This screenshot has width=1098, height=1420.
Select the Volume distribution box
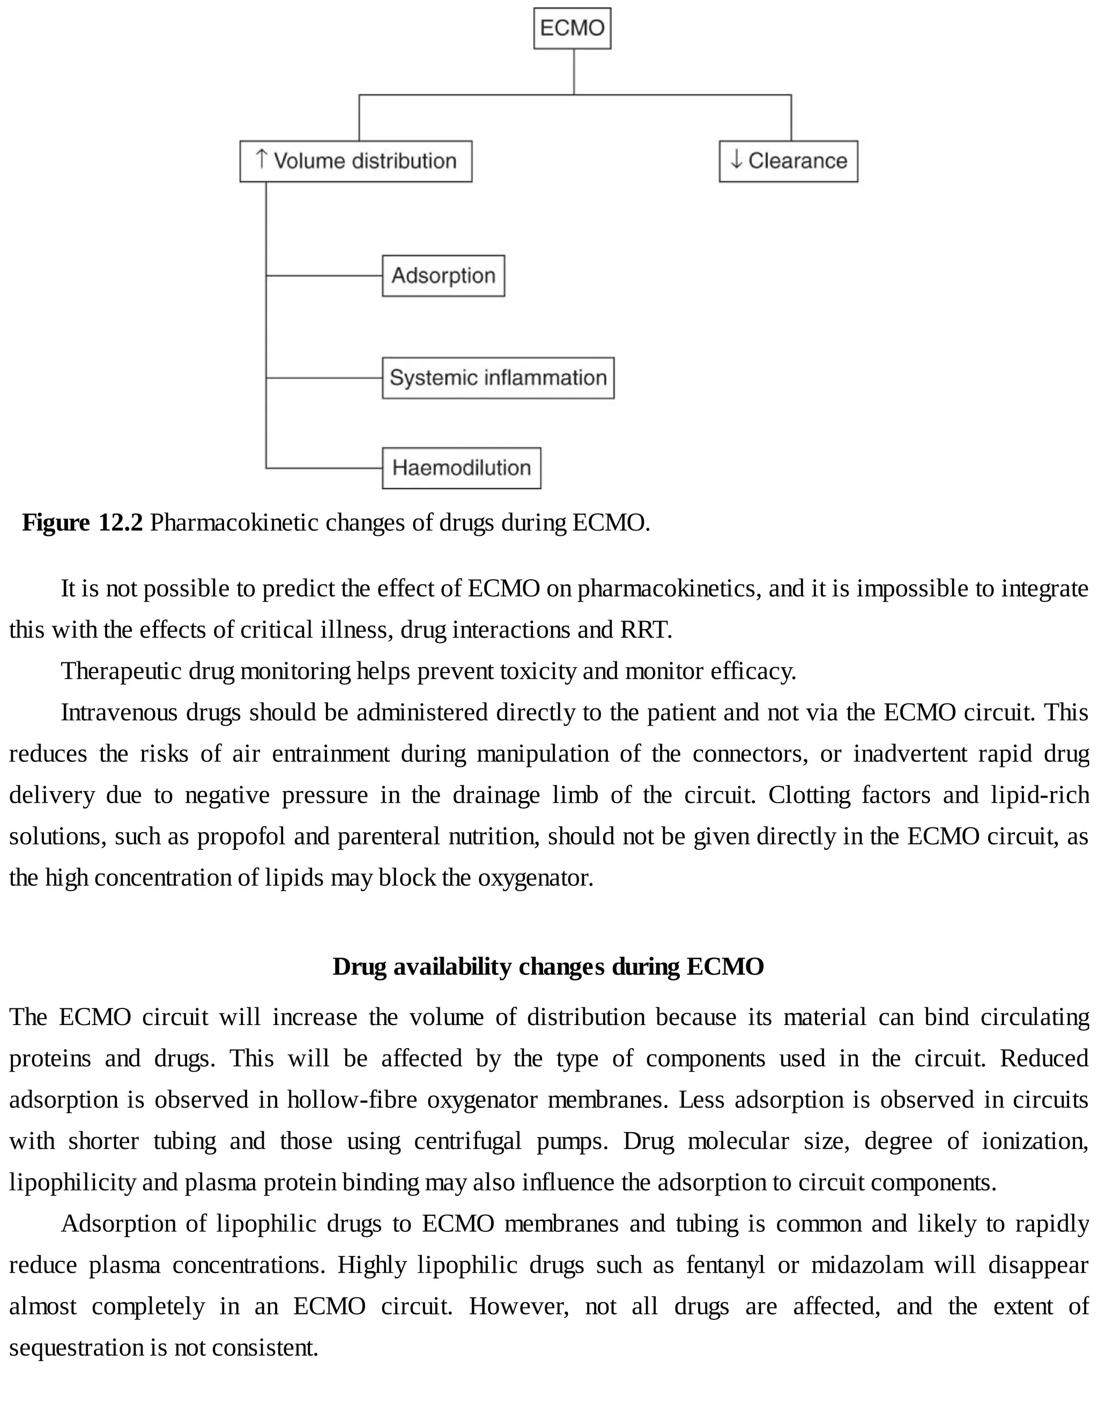[356, 161]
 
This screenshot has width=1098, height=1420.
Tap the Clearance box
[788, 161]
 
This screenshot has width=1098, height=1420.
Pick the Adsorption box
[443, 275]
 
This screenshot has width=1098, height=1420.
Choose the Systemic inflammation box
[498, 378]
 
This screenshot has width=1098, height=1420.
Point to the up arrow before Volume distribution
[262, 159]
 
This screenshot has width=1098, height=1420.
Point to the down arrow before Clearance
[736, 159]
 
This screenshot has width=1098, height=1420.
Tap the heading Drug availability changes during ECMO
[548, 967]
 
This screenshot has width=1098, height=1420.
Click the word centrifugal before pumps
[467, 1140]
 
